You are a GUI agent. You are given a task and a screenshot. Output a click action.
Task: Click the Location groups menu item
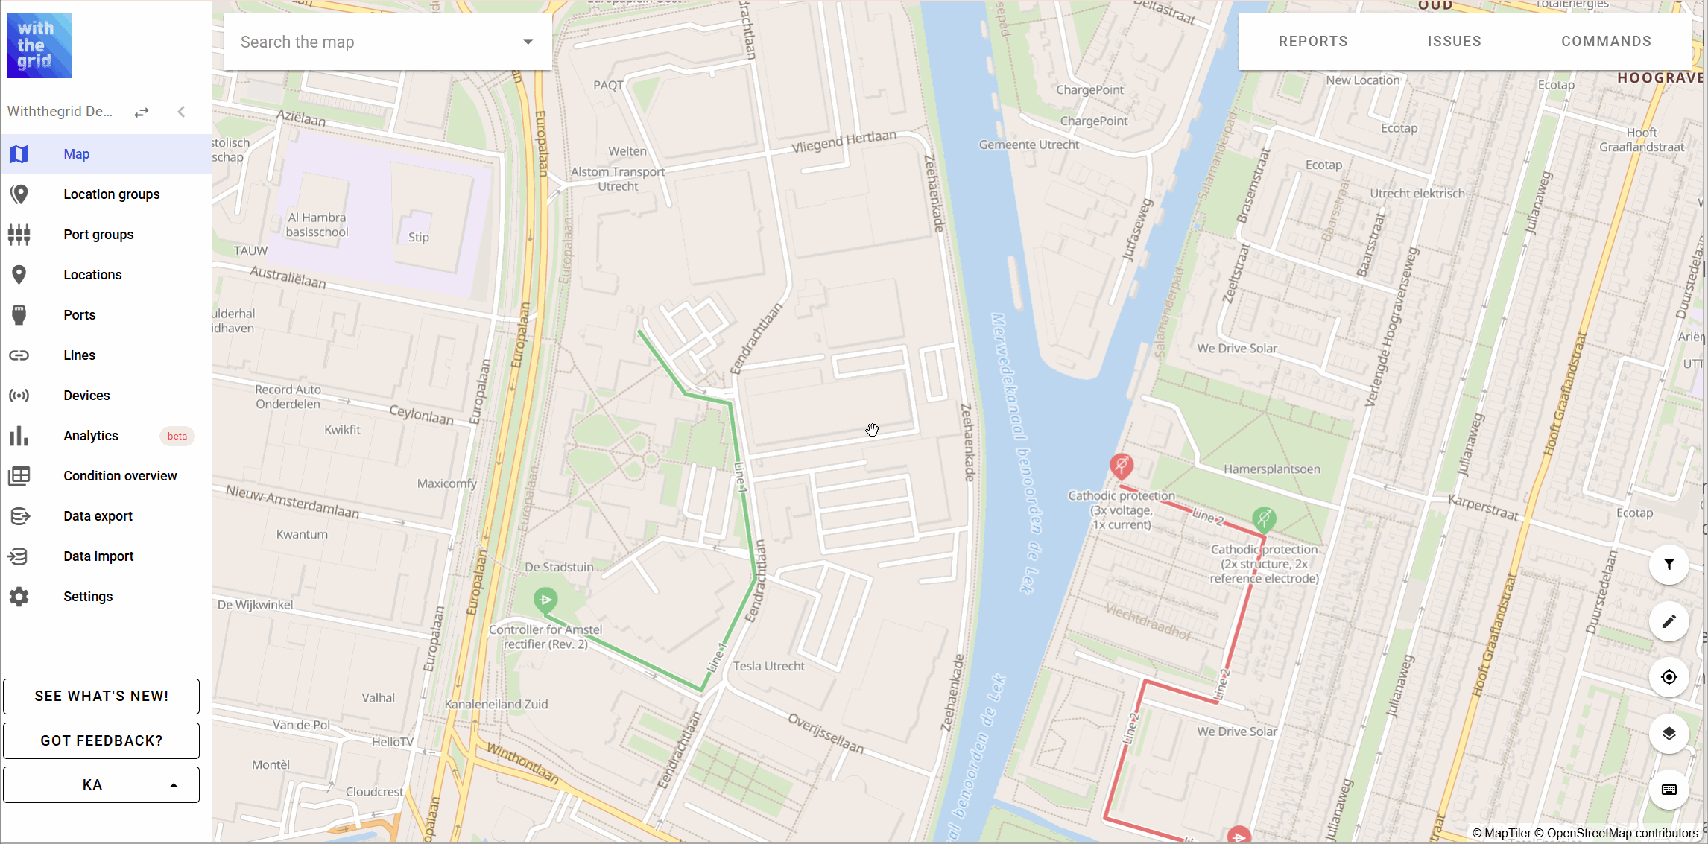(111, 194)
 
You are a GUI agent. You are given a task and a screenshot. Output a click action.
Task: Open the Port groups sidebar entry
(98, 235)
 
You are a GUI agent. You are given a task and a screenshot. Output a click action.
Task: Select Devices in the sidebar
(86, 396)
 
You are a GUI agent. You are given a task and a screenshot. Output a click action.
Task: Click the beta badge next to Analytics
(177, 436)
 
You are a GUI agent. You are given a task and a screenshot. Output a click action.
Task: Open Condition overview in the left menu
(120, 476)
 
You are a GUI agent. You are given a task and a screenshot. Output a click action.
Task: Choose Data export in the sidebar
(98, 516)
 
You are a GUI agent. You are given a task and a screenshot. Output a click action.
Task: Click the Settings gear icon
(19, 597)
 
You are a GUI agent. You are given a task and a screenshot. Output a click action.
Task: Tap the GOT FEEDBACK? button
(101, 740)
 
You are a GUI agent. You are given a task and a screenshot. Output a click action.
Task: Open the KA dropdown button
(101, 784)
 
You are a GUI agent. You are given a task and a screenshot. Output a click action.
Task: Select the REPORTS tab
(1313, 42)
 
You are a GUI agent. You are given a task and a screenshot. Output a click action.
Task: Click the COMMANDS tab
(1606, 42)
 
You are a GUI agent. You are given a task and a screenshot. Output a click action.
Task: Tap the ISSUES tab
(1454, 42)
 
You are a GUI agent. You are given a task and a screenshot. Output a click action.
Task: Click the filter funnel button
(1669, 565)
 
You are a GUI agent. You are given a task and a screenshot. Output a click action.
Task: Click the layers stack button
(1669, 734)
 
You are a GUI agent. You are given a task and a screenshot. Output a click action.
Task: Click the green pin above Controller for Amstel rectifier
(545, 599)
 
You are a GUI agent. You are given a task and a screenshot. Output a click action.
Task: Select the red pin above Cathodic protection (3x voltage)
(1121, 466)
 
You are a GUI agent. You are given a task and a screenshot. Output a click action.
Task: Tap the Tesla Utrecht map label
(768, 666)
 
